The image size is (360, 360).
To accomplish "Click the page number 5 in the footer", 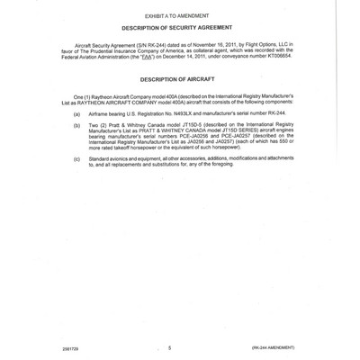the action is tap(168, 346).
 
